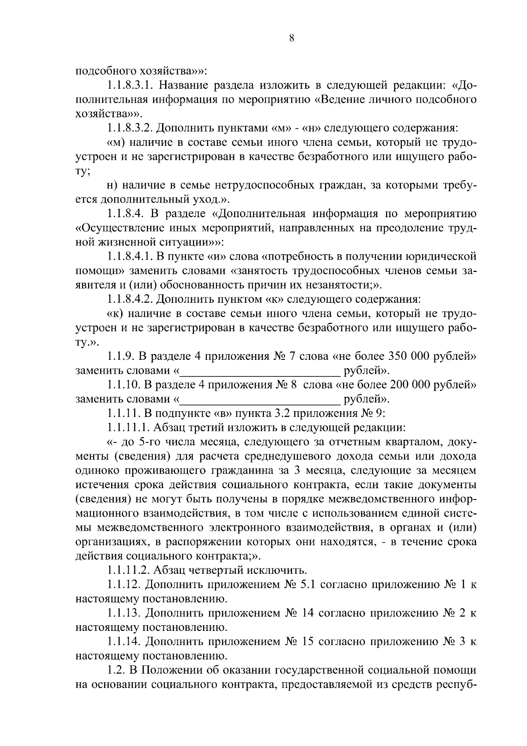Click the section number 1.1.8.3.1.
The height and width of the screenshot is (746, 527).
(130, 85)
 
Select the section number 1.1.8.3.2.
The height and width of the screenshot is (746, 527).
(130, 128)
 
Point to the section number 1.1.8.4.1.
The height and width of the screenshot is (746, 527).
(130, 256)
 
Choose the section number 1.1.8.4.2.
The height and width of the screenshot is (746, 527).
(130, 299)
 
